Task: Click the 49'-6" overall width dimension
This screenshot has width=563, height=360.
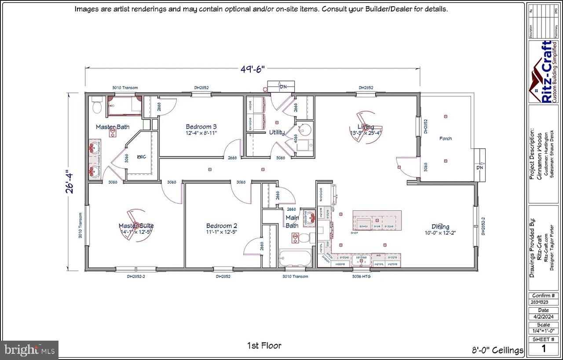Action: (x=252, y=69)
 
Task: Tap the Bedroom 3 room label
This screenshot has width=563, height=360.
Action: (x=201, y=127)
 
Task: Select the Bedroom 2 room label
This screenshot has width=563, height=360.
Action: (x=222, y=226)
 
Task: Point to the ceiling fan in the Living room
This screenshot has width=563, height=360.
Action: (x=365, y=127)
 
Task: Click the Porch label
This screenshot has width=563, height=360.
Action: (x=445, y=138)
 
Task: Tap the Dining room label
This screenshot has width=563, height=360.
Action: (x=440, y=227)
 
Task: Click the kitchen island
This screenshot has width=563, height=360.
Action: (x=377, y=220)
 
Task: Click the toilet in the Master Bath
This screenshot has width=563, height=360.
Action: (x=97, y=106)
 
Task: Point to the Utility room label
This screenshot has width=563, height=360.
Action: (x=277, y=132)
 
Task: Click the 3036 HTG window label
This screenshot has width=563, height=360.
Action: (x=361, y=276)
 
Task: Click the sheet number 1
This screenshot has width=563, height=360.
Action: (x=544, y=349)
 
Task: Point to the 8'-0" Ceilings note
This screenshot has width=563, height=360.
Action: (x=497, y=350)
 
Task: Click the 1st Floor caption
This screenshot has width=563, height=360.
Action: (x=264, y=345)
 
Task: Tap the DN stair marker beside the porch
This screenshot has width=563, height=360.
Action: (x=479, y=168)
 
